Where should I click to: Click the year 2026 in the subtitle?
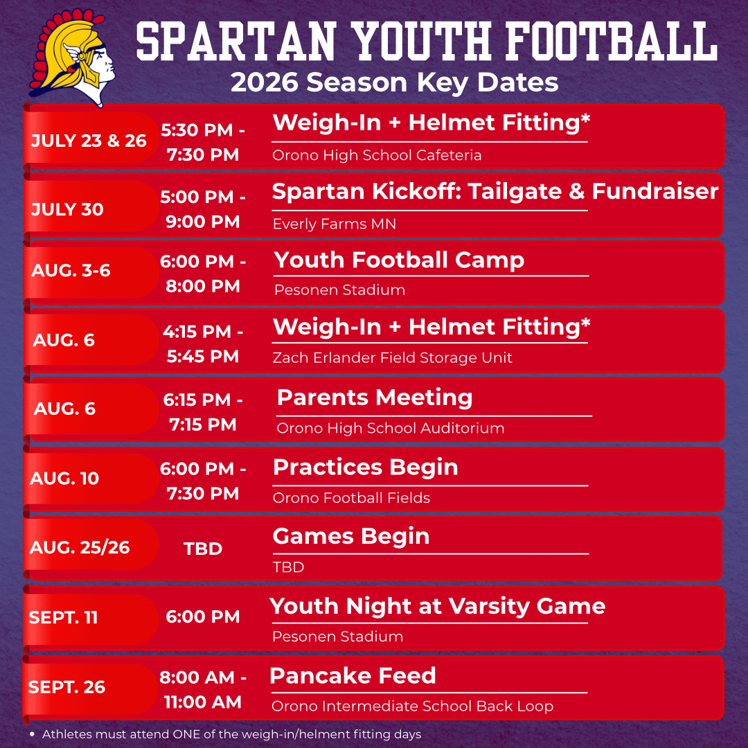pos(264,82)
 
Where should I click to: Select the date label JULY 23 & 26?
pos(89,141)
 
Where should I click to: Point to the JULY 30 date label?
pos(67,209)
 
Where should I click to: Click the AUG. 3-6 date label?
pos(71,271)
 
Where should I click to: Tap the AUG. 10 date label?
pos(64,479)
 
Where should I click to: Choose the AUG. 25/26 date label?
pos(80,548)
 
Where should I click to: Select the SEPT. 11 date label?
pos(64,618)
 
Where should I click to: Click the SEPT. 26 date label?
pos(66,687)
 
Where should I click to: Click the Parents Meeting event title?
pos(375,398)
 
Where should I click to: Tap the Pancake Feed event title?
pos(353,675)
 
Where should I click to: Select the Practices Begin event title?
pos(366,467)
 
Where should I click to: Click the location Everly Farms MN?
pos(335,224)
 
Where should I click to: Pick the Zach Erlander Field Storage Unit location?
pos(392,358)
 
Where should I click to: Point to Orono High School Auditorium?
pos(390,429)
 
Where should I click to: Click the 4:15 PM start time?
pos(197,332)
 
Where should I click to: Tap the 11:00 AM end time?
pos(203,702)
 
